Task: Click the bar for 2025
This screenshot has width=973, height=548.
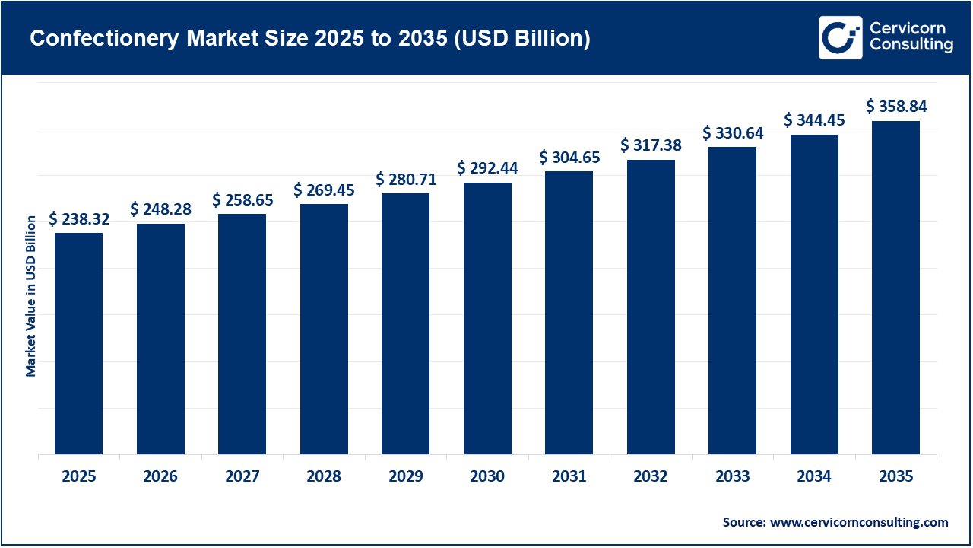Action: pos(78,343)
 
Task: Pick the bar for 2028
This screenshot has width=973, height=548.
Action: pos(324,329)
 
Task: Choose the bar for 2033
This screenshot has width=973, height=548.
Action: pos(732,301)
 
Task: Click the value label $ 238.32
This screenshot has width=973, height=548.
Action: pos(79,219)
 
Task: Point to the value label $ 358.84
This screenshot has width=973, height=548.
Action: pos(896,107)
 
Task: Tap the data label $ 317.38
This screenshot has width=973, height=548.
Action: pos(651,145)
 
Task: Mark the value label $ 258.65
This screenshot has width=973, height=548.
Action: pos(242,200)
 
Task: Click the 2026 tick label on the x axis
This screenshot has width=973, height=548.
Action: pos(160,477)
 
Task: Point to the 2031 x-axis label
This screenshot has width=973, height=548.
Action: pos(569,477)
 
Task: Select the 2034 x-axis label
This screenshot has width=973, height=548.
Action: pos(814,477)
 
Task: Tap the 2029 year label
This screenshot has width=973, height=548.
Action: pos(405,477)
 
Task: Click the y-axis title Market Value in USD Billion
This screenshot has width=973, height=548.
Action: pos(31,295)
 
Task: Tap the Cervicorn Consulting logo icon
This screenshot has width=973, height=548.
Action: pos(840,37)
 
